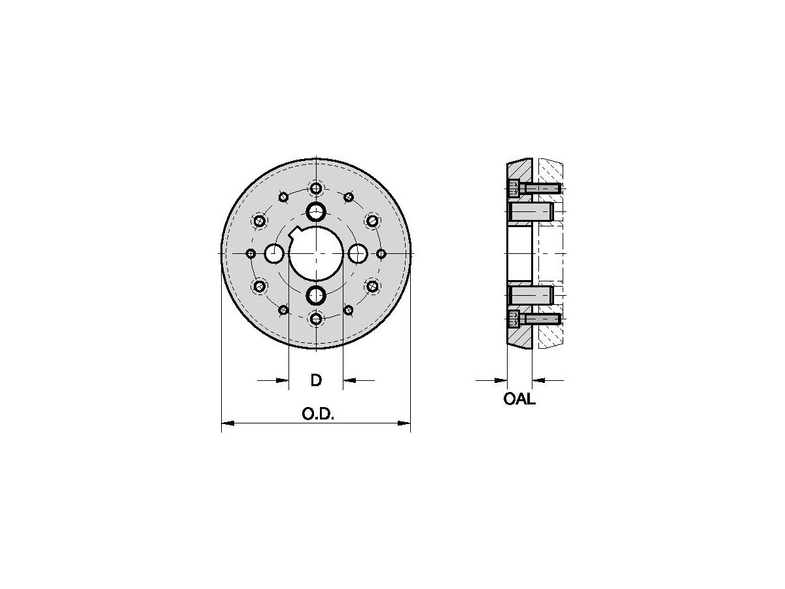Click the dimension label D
click(316, 380)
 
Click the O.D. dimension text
click(318, 414)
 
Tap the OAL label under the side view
click(519, 399)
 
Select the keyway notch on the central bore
click(295, 230)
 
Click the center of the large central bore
click(316, 253)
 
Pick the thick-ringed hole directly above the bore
click(316, 211)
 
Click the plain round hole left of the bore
click(274, 253)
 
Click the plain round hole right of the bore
click(358, 253)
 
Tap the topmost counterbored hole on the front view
click(316, 188)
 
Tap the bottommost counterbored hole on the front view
click(316, 319)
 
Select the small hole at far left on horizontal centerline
click(251, 253)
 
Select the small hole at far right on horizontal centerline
click(381, 253)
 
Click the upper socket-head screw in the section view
click(533, 188)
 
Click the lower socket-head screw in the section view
click(533, 319)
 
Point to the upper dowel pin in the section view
click(531, 211)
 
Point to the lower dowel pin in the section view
click(531, 295)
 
